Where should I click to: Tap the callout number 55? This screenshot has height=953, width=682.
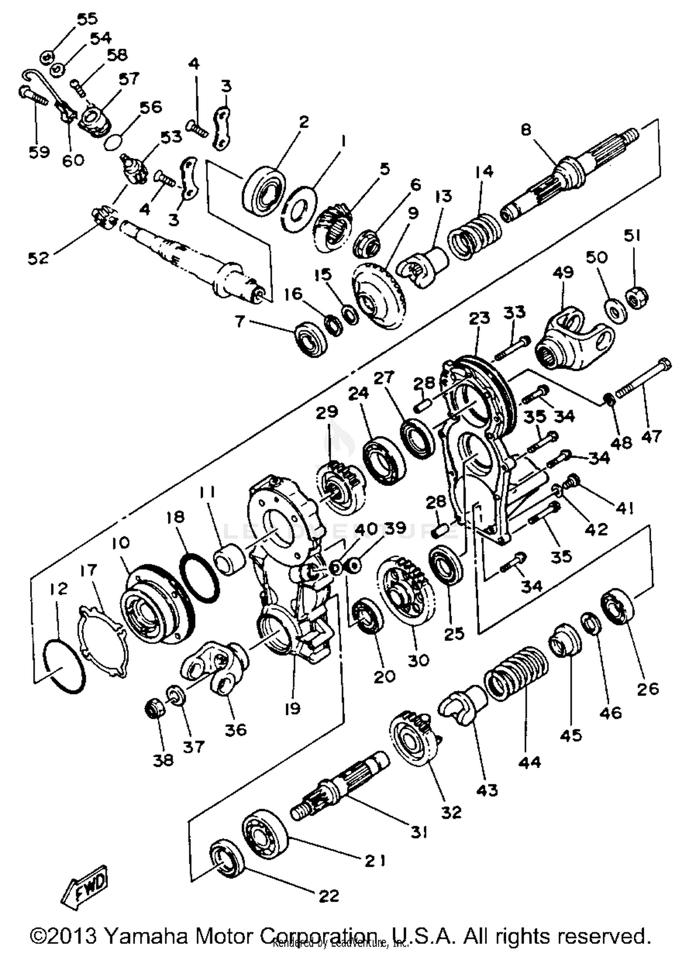point(87,19)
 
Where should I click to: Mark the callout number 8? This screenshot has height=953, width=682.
point(526,130)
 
